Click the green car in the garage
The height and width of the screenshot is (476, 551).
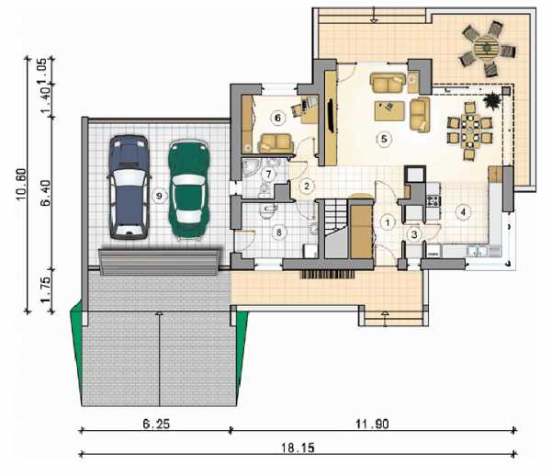pos(188,190)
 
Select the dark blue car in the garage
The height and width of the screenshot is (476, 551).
pos(129,187)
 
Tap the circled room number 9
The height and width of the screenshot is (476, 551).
pos(159,196)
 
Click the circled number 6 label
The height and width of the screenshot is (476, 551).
pos(277,118)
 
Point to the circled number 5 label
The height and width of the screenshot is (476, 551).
pos(384,139)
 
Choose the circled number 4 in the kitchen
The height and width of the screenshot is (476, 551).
pos(463,212)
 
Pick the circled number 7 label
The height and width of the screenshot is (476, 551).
pos(269,174)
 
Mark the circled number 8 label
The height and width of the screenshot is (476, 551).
pos(279,232)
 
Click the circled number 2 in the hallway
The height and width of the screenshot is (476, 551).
pos(307,186)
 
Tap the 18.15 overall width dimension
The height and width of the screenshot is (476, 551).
pos(298,448)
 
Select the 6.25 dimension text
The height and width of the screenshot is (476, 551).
pos(156,424)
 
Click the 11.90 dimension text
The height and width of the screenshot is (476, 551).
pos(372,424)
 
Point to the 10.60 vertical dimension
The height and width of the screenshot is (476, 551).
pos(21,184)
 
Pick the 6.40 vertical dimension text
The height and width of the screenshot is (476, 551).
pos(46,193)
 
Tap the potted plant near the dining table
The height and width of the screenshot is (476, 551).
pos(491,100)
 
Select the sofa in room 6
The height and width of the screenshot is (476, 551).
pos(275,143)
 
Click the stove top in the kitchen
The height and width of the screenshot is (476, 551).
pos(433,200)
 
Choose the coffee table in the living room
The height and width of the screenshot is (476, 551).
pos(389,111)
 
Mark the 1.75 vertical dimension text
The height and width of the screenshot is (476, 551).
pos(46,289)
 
